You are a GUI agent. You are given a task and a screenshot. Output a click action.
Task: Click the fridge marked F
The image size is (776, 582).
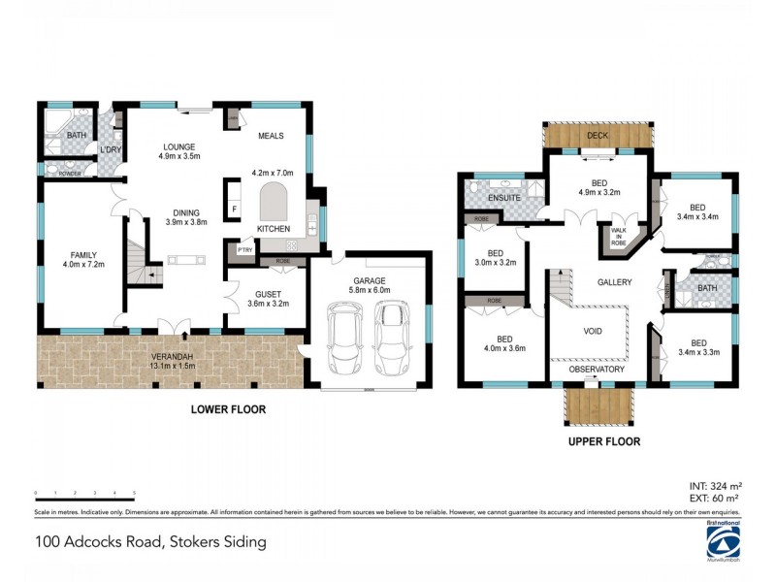click(234, 209)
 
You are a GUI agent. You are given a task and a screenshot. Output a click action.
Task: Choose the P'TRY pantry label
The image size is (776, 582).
click(238, 249)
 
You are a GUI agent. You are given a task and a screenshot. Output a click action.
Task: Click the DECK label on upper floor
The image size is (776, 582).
click(598, 136)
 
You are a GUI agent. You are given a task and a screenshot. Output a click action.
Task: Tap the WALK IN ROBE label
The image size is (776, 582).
click(617, 238)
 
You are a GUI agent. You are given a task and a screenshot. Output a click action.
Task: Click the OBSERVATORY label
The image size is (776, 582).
click(597, 370)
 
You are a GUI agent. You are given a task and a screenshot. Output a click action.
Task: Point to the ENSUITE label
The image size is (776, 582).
click(503, 198)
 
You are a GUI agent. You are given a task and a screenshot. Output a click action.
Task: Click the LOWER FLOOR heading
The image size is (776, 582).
click(228, 409)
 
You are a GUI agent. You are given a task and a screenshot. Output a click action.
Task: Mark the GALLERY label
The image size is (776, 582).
click(615, 282)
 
